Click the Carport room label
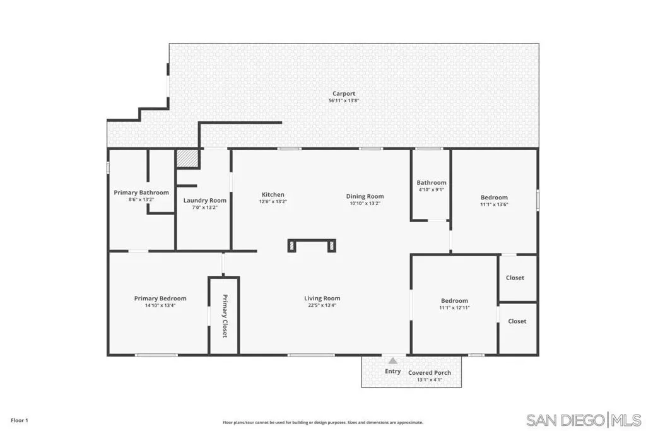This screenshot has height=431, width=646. tap(344, 93)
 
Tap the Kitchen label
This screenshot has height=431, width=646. tap(273, 194)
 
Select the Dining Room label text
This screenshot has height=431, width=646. tap(365, 196)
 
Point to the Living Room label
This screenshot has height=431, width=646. tap(322, 298)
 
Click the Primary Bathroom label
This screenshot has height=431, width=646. tap(141, 192)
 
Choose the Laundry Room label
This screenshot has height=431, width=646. tap(205, 201)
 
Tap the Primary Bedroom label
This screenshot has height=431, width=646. tap(160, 298)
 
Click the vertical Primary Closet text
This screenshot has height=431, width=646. tap(225, 316)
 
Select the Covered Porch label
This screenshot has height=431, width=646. tap(430, 373)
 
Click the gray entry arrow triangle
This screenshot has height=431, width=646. tap(393, 361)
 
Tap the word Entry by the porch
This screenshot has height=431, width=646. tap(392, 371)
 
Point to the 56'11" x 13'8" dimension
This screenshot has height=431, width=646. tap(344, 100)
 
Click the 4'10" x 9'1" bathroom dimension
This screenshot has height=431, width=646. tap(432, 189)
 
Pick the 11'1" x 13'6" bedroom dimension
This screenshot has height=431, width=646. tap(494, 204)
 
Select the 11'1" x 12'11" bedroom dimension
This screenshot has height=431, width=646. tap(454, 307)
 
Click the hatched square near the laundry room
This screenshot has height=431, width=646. tap(187, 158)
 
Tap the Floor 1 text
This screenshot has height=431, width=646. tap(20, 420)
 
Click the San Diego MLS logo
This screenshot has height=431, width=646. tap(584, 420)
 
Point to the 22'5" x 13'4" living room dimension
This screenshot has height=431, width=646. tap(322, 305)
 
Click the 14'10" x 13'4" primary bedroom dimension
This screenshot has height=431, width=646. tap(160, 305)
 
